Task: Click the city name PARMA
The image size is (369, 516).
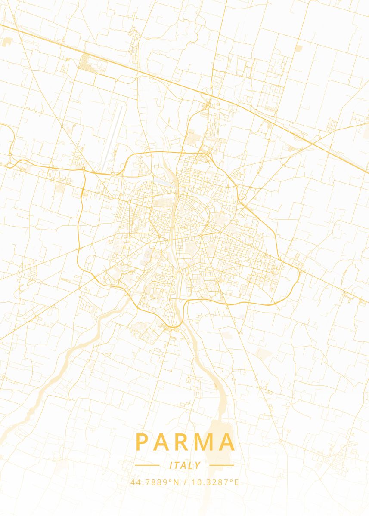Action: [185, 442]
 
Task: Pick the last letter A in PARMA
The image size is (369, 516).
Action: [228, 442]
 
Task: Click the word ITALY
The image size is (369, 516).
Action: [185, 465]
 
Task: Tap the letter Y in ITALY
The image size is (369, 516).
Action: [198, 465]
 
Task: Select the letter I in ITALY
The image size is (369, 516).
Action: [171, 465]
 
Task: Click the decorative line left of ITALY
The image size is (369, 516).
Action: [147, 465]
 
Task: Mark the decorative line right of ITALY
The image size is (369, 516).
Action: [221, 465]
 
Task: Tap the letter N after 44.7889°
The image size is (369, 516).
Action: [176, 482]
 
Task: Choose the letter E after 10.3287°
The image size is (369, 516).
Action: [236, 482]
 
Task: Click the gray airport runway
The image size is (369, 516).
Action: [113, 138]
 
